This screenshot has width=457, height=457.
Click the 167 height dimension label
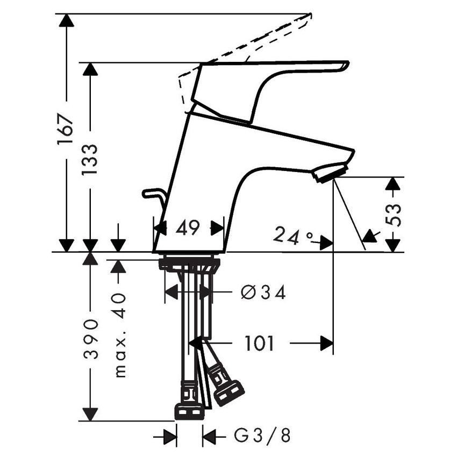point(65,130)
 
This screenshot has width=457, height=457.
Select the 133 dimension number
point(89,159)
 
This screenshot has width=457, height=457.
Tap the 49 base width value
point(188,227)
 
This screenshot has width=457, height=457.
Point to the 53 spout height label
point(393,215)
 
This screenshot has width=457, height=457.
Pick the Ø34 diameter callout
point(263,292)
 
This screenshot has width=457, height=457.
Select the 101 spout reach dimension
point(259,344)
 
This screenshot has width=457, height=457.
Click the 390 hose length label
point(90,339)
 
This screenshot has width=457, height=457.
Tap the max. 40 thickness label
point(120,335)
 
